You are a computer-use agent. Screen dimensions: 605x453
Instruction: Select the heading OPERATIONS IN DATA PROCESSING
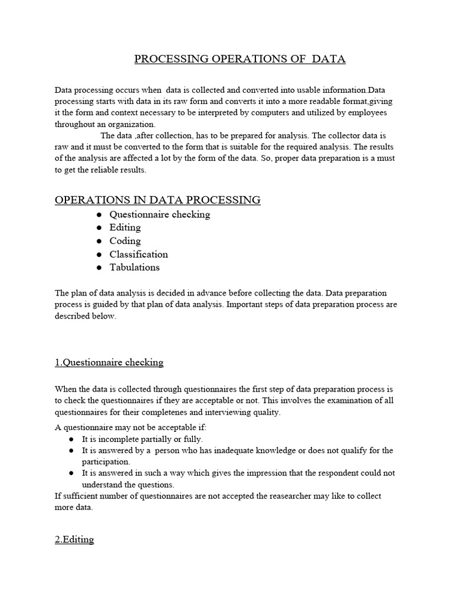pos(157,200)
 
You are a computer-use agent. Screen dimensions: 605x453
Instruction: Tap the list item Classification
pos(139,255)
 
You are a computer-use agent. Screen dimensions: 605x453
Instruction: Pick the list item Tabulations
pos(134,268)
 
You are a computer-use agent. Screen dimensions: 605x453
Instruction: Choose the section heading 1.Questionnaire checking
pos(109,362)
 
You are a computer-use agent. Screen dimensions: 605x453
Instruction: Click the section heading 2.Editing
pos(74,539)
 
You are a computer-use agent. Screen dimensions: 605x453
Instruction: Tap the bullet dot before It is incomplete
pos(71,440)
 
